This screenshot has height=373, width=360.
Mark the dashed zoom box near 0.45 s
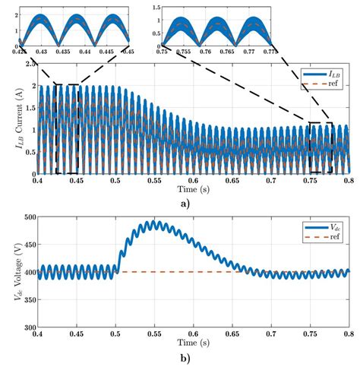[67, 129]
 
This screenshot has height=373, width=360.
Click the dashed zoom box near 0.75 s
[321, 147]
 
